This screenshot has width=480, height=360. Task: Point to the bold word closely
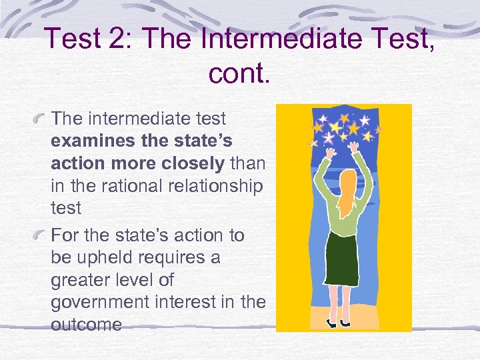[195, 163]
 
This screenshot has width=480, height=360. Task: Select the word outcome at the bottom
[86, 325]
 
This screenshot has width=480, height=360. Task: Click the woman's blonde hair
[345, 191]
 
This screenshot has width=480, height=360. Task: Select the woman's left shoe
[331, 323]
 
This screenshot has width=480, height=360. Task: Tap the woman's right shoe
[346, 323]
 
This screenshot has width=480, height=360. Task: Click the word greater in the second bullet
[81, 280]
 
